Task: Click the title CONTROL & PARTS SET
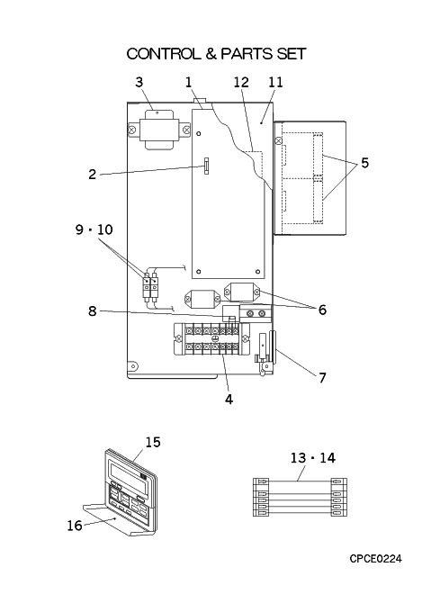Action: coord(216,54)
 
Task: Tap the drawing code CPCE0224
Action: coord(375,559)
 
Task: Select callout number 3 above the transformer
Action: coord(139,82)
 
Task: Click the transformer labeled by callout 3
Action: coord(159,130)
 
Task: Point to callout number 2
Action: coord(92,174)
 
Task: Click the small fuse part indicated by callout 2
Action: coord(206,166)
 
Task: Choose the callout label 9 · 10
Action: coord(94,229)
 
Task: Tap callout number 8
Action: coord(92,311)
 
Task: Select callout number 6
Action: coord(322,310)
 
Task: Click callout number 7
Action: coord(322,378)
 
